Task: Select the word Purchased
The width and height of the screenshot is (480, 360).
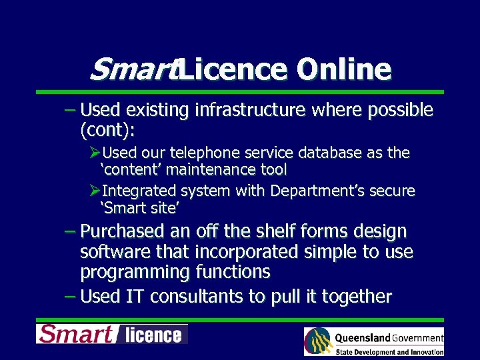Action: coord(122,231)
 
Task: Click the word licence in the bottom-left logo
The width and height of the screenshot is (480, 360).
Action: coord(153,335)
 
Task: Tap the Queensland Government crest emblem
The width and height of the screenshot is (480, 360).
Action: coord(318,342)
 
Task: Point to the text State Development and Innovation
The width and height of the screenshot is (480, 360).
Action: coord(389,352)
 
